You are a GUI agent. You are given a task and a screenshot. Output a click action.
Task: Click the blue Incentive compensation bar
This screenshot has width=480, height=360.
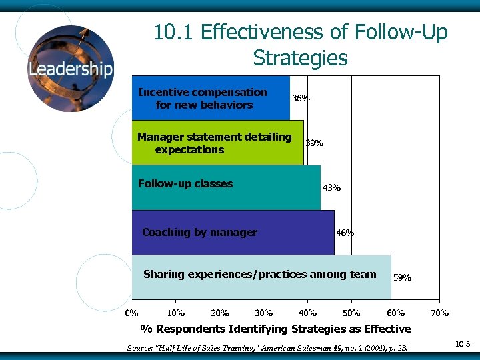[211, 98]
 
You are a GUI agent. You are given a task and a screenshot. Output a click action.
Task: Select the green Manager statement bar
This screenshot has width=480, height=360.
[217, 143]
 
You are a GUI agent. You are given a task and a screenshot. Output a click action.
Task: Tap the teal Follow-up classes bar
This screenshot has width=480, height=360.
[226, 187]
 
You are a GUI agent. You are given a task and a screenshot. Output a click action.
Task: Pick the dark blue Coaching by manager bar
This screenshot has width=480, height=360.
[233, 233]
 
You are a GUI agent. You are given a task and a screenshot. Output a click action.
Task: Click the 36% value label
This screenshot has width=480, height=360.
[301, 98]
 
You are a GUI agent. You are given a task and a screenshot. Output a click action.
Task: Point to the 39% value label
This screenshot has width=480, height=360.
[315, 143]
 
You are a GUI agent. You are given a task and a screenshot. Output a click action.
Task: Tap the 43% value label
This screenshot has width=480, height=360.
[331, 187]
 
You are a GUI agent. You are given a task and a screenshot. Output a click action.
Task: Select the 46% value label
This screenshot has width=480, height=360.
[345, 233]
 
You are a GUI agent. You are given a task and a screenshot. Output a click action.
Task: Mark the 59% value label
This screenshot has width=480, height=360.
[402, 277]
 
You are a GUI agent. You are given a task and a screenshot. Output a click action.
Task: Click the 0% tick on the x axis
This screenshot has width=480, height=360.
[133, 312]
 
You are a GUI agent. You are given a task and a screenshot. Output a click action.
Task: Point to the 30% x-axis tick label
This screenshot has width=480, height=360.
[264, 312]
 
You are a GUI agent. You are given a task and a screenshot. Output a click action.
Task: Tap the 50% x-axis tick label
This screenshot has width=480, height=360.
[351, 312]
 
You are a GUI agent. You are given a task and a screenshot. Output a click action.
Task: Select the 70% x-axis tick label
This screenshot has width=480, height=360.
[439, 312]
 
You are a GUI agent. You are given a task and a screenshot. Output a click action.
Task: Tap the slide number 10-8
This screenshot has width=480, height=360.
[463, 343]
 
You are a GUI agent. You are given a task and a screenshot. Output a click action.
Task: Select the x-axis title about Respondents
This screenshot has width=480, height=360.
[275, 329]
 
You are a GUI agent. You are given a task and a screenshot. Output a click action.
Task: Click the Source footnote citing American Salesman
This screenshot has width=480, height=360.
[267, 347]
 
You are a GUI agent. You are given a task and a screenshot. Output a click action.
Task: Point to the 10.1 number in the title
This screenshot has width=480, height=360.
[173, 32]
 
